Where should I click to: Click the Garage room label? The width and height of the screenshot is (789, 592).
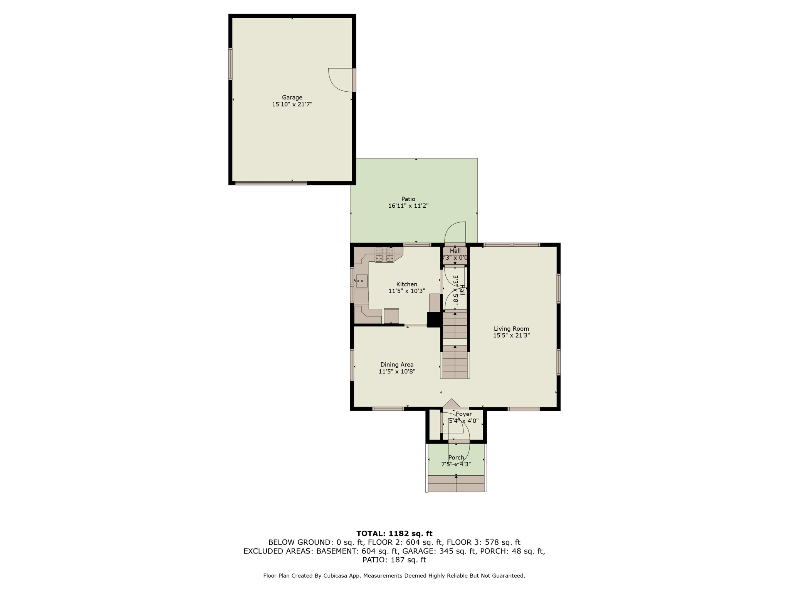click(292, 98)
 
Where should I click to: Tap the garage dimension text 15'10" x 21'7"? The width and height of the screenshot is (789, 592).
click(292, 104)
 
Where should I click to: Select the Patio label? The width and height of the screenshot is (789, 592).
click(408, 199)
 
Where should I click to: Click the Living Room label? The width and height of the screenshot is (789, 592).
click(511, 329)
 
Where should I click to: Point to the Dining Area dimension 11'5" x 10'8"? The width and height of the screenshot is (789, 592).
click(397, 372)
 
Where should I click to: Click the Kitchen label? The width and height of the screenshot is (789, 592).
click(406, 284)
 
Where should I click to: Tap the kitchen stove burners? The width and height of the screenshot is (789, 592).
click(384, 255)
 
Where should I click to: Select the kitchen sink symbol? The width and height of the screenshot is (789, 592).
click(361, 281)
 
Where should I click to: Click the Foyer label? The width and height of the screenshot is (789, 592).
click(463, 414)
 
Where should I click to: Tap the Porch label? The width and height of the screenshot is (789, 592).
click(456, 457)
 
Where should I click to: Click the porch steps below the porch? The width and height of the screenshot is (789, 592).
click(456, 483)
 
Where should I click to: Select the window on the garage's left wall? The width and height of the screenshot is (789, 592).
click(230, 64)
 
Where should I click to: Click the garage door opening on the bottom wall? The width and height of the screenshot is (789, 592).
click(271, 183)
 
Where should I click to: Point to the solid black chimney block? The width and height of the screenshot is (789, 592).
click(434, 320)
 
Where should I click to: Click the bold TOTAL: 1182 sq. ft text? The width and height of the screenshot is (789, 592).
click(394, 533)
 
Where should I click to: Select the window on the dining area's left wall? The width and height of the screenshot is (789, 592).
click(352, 365)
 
